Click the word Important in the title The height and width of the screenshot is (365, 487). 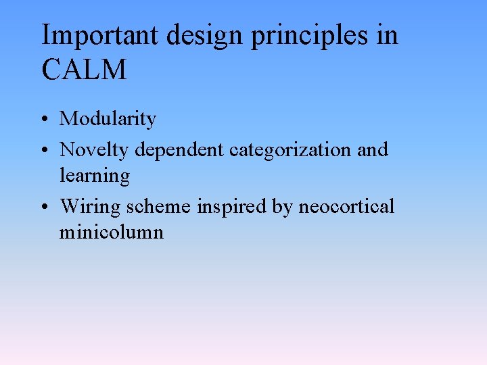pyautogui.click(x=99, y=35)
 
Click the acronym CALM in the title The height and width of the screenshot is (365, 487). pyautogui.click(x=84, y=70)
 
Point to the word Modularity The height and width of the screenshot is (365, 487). pyautogui.click(x=108, y=120)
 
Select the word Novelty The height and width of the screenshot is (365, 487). pyautogui.click(x=93, y=149)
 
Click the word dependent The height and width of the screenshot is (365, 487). pyautogui.click(x=179, y=149)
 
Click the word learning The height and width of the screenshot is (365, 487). pyautogui.click(x=94, y=176)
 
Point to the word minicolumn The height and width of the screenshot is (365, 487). pyautogui.click(x=111, y=233)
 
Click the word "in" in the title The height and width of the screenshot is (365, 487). pyautogui.click(x=388, y=35)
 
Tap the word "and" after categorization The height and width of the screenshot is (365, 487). pyautogui.click(x=372, y=149)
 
